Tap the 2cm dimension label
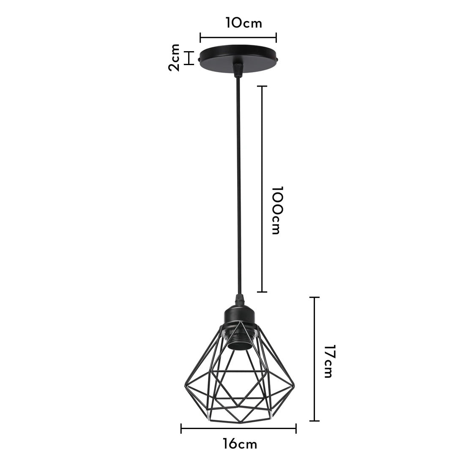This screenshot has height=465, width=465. click(174, 57)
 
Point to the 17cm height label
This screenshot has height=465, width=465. click(328, 361)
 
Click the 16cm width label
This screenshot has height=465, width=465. click(240, 444)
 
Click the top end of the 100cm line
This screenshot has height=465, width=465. click(262, 87)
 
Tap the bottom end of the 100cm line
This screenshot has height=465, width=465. click(262, 292)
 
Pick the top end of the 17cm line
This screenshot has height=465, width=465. click(314, 298)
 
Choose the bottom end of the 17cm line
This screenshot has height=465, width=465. click(314, 421)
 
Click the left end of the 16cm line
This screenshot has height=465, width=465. click(181, 429)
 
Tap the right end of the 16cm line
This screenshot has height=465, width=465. click(295, 429)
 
